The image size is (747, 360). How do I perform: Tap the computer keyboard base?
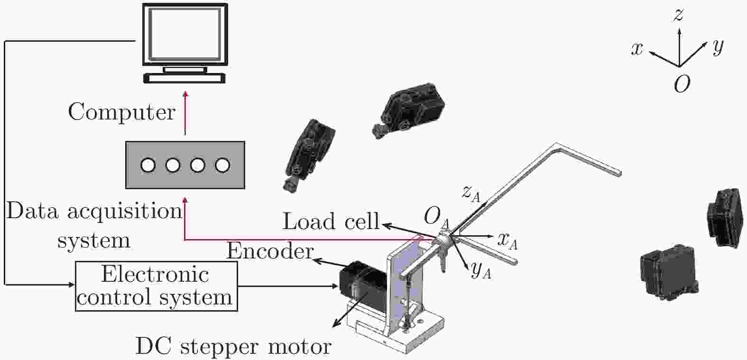[x=185, y=78]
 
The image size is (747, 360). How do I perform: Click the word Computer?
[x=122, y=112]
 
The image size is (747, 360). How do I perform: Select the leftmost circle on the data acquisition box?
[x=148, y=165]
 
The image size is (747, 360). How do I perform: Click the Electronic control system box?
[x=156, y=286]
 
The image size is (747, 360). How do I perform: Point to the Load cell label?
[x=331, y=222]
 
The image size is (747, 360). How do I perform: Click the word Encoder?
[x=270, y=251]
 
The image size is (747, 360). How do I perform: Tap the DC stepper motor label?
[x=233, y=346]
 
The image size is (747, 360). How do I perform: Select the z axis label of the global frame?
[x=679, y=15]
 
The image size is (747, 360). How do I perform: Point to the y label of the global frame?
[x=718, y=46]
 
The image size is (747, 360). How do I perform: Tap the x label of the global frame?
[x=637, y=48]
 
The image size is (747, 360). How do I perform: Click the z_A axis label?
[x=471, y=193]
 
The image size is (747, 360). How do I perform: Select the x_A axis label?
[x=507, y=241]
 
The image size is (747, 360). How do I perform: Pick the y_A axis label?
[x=480, y=270]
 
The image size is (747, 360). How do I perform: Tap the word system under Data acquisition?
[x=94, y=240]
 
